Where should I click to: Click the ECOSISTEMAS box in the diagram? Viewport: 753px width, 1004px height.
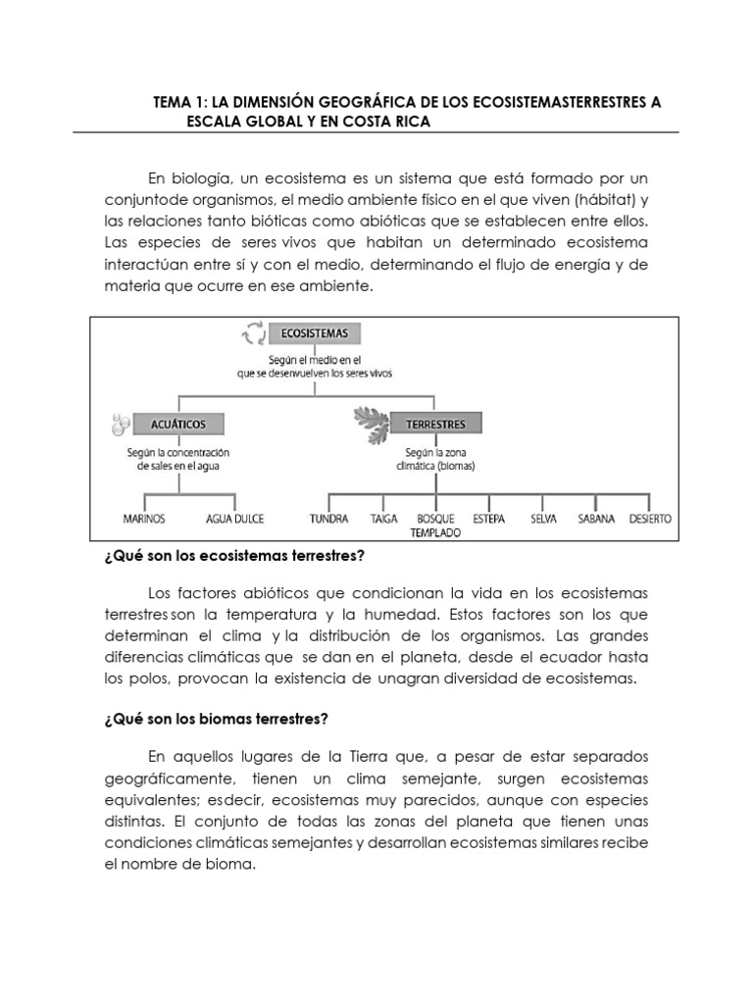(x=315, y=334)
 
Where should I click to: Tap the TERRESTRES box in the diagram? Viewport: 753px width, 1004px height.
(x=435, y=424)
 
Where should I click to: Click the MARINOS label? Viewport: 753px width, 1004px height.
(x=144, y=519)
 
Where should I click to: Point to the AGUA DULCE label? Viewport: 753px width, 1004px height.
(x=234, y=519)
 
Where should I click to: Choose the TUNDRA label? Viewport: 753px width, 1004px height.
(x=328, y=519)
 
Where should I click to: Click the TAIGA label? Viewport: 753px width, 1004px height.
(x=383, y=519)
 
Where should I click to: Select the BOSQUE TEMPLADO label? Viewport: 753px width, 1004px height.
(x=435, y=526)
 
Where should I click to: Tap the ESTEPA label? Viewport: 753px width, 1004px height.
(x=488, y=519)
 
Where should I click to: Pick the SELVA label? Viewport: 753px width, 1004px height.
(x=543, y=519)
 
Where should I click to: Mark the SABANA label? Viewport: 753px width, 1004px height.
(x=596, y=519)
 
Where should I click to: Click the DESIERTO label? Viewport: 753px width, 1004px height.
(x=651, y=519)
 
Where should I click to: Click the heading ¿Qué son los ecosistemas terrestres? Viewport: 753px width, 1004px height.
(x=233, y=556)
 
